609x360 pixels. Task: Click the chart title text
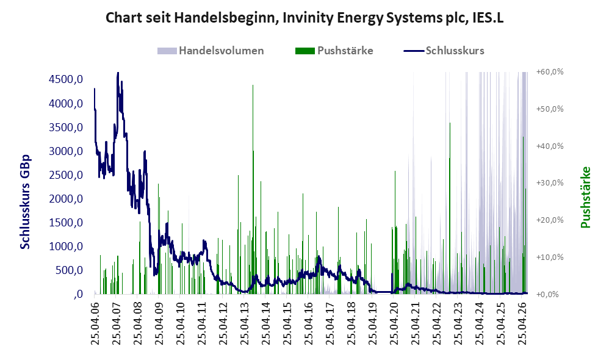coord(304,18)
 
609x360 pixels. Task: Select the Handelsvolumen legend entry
coord(211,51)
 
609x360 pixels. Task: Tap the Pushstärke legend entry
coord(334,51)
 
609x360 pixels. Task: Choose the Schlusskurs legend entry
coord(444,51)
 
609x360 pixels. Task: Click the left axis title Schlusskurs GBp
coord(25,202)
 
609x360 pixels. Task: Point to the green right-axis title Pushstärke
coord(585,197)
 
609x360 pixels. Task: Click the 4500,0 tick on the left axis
coord(66,79)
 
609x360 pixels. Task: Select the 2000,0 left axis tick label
coord(66,199)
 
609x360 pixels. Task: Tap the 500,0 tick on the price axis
coord(69,270)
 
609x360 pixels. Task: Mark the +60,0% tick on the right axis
coord(550,72)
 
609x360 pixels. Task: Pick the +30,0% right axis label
coord(550,183)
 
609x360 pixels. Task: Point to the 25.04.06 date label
coord(95,322)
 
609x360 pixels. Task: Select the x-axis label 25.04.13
coord(244,322)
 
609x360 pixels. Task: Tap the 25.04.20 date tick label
coord(394,322)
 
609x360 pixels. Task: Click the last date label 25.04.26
coord(522,322)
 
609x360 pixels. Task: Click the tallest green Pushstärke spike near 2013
coord(253,190)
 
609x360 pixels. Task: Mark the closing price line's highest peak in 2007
coord(118,73)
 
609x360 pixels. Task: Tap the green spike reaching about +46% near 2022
coord(450,208)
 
